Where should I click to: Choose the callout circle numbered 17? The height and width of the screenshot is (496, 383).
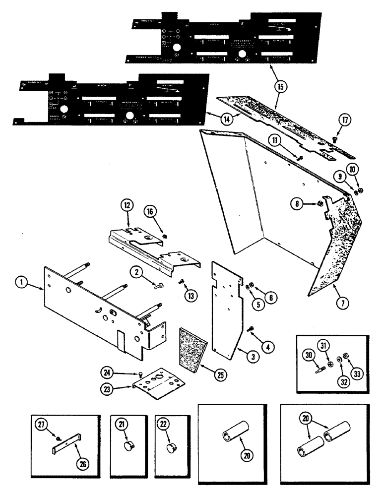(344, 120)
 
